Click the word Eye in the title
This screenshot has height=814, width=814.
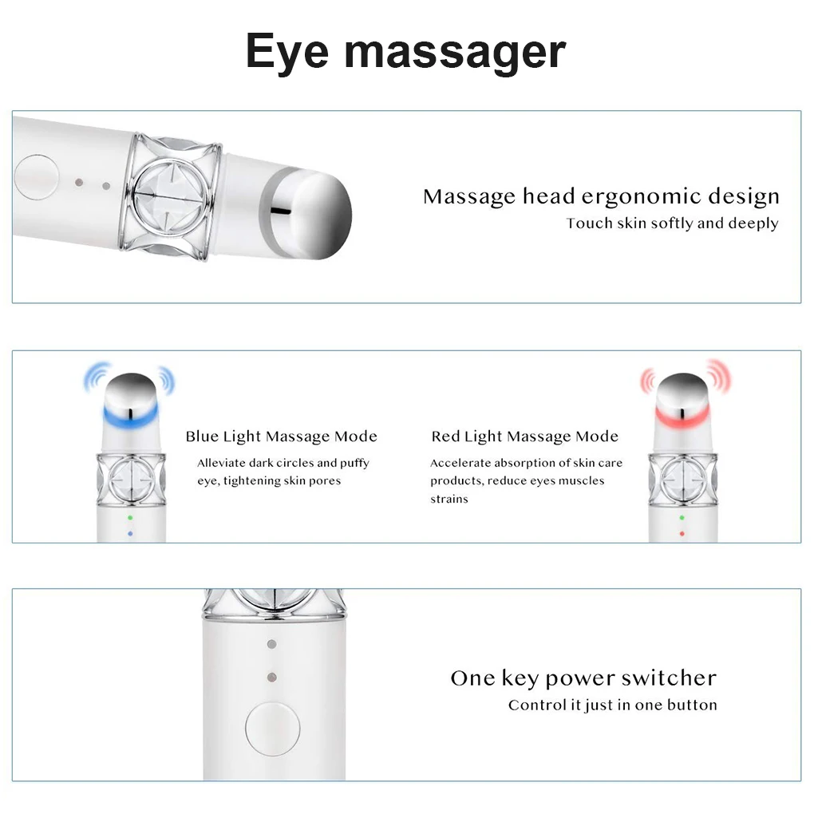point(287,52)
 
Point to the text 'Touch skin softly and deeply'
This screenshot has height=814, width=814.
point(672,223)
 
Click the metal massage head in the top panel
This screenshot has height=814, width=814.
point(315,209)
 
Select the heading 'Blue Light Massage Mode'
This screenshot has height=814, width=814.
point(281,437)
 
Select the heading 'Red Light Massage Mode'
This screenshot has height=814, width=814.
point(524,437)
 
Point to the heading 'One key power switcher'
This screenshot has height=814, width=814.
point(583,678)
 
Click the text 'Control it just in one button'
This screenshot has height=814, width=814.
point(612,705)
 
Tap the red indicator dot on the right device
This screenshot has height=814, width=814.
point(682,533)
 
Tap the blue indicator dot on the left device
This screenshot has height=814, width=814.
point(130,533)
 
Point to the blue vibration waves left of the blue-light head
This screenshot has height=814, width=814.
point(97,377)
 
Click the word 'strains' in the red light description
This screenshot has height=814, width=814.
point(449,500)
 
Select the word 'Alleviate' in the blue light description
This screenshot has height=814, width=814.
point(221,463)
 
